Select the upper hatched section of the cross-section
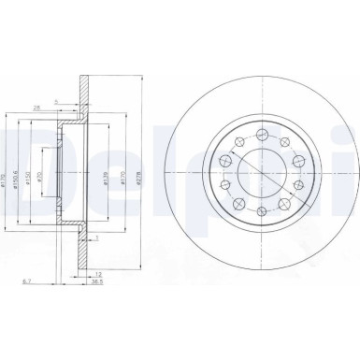point(86,94)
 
